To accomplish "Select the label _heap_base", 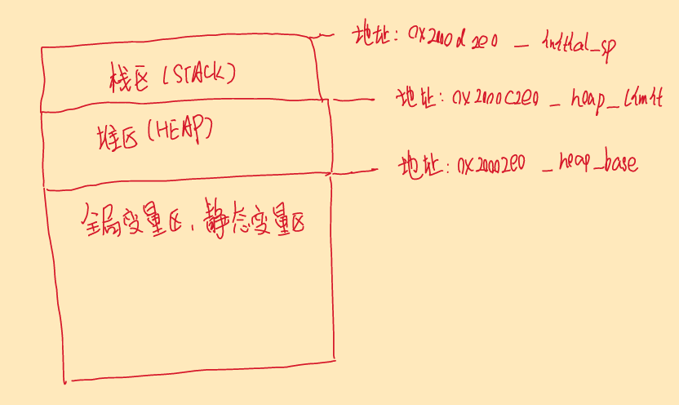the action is point(590,163).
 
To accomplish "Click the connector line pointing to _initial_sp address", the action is point(324,34).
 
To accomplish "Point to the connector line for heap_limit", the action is point(353,100).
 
